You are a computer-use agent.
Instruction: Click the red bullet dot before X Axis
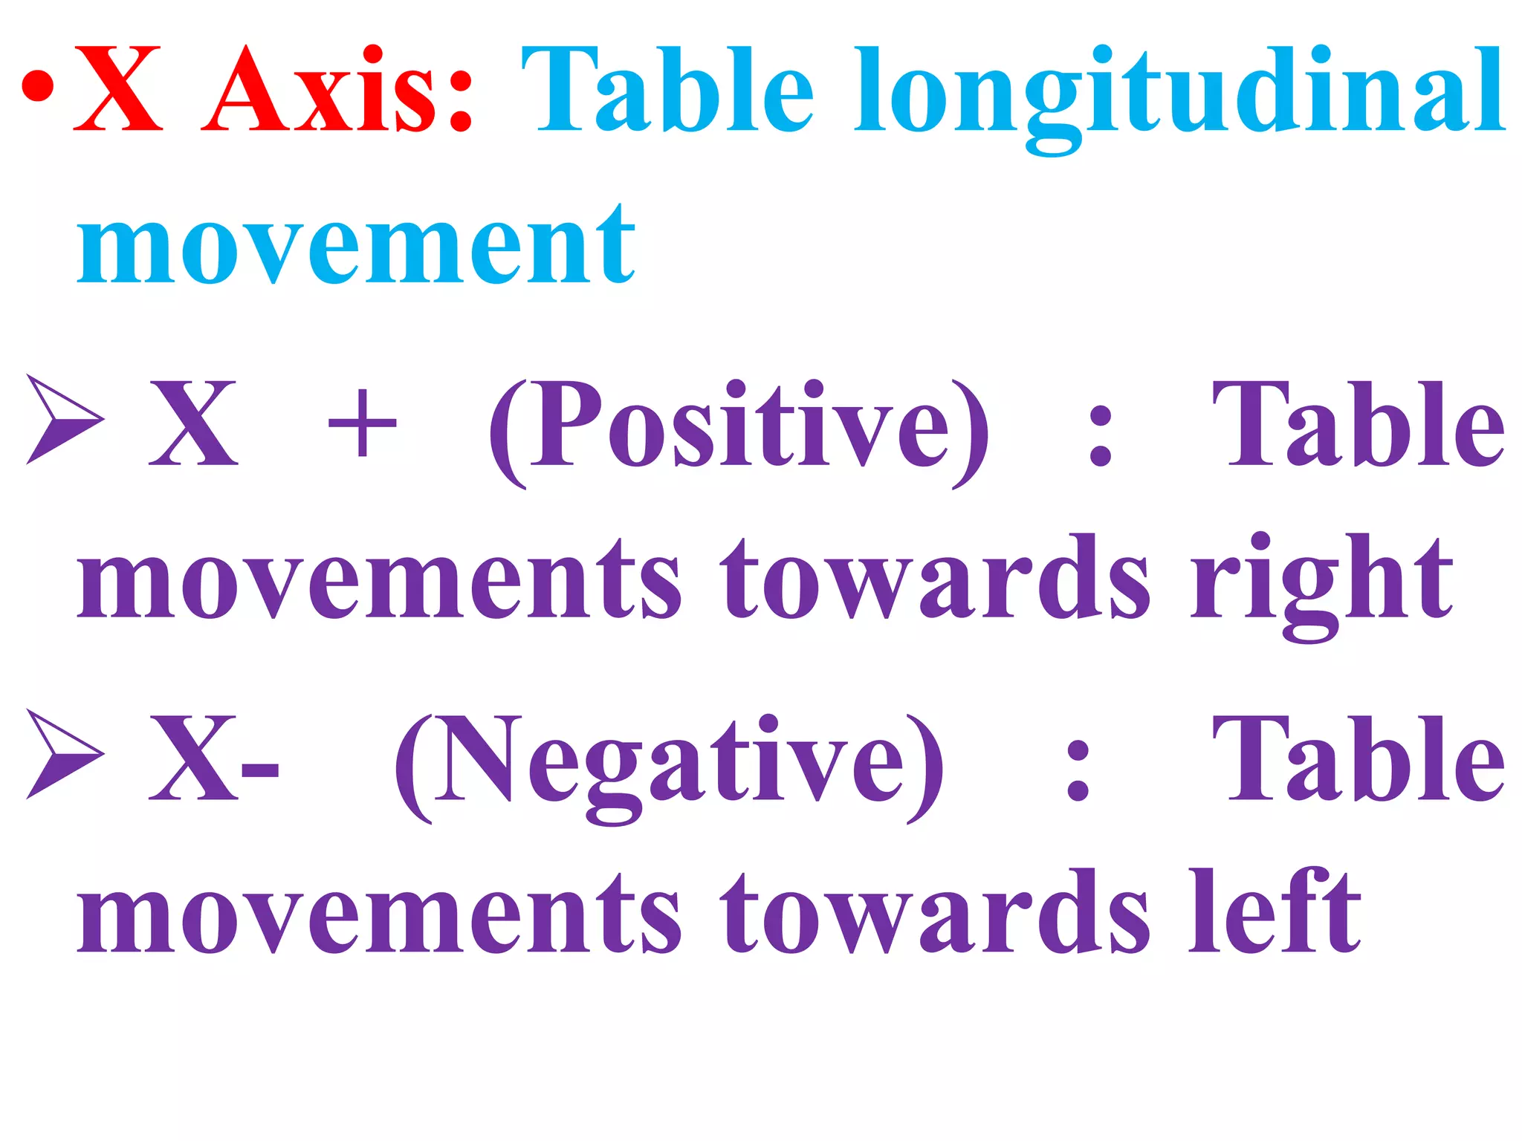click(36, 88)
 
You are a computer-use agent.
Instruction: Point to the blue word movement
click(356, 245)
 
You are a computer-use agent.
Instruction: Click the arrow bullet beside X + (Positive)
click(64, 420)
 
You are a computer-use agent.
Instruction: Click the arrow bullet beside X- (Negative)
click(64, 754)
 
